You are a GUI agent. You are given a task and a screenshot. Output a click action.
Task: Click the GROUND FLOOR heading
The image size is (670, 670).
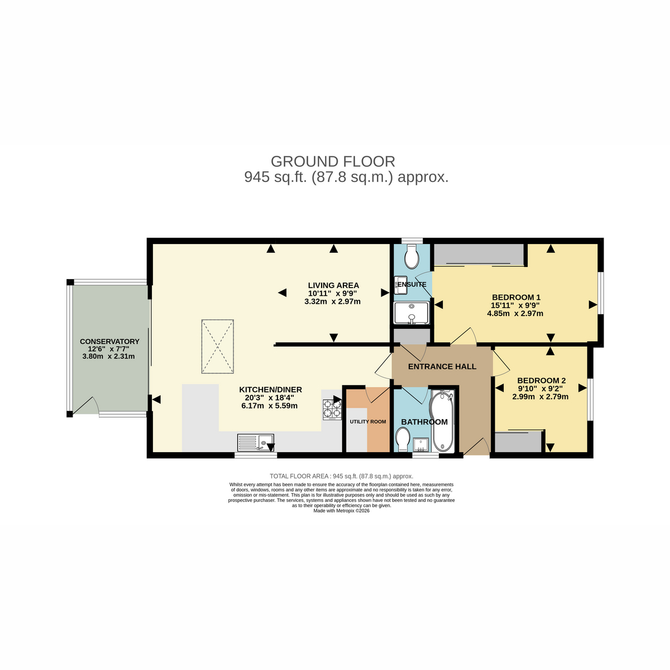[x=333, y=162]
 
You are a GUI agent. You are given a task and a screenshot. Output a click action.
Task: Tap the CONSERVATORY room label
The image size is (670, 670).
[x=109, y=342]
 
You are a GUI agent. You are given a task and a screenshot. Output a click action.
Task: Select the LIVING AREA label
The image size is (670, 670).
[x=333, y=285]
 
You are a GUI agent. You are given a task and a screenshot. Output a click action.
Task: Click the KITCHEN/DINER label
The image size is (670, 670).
[x=270, y=389]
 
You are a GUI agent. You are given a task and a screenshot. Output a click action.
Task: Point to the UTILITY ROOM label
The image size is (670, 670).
[x=368, y=422]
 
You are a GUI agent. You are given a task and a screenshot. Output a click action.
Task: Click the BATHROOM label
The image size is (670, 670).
[x=424, y=422]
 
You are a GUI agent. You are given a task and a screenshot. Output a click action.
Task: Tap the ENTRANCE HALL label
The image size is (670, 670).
[x=442, y=366]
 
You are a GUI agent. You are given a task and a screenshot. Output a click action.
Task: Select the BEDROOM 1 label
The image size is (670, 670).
[x=516, y=297]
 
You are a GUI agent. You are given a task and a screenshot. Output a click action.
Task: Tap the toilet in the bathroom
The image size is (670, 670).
[x=403, y=439]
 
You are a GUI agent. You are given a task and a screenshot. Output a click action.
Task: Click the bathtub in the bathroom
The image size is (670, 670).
[x=442, y=421]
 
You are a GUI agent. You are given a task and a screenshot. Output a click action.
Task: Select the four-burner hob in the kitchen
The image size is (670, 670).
[x=332, y=410]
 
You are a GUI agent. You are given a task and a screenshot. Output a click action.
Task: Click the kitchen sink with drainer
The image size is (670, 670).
[x=256, y=443]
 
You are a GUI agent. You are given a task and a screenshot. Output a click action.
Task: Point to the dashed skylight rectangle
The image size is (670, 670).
[x=218, y=347]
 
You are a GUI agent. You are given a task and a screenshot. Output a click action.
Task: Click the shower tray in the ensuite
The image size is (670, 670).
[x=411, y=313]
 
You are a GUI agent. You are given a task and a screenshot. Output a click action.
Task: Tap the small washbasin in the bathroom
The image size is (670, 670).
[x=422, y=444]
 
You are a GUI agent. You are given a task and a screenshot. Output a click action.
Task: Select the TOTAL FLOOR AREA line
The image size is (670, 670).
[x=342, y=476]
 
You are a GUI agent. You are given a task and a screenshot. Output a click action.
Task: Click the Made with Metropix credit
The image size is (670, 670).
[x=342, y=511]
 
